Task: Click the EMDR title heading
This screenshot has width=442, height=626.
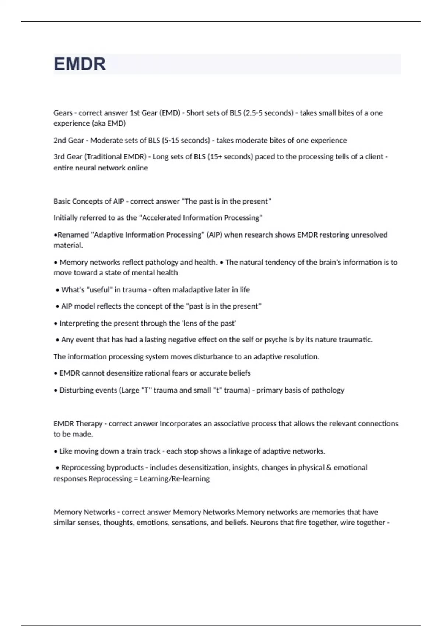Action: [80, 64]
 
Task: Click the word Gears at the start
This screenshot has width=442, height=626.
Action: [63, 113]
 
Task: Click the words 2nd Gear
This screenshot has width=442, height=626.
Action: [69, 140]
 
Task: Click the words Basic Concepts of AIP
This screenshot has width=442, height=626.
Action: [89, 201]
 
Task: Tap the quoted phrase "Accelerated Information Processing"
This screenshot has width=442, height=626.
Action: [201, 218]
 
